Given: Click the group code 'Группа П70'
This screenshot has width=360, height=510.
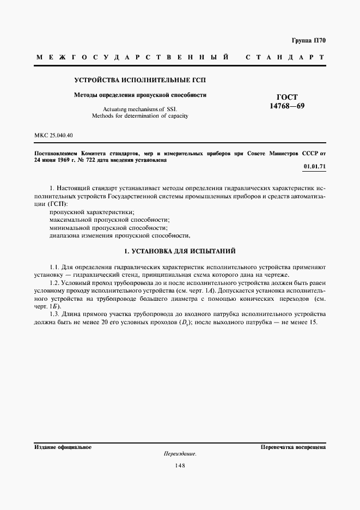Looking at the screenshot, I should click(308, 40).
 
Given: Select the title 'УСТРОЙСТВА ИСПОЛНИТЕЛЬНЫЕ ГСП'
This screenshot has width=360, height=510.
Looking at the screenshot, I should click(140, 81).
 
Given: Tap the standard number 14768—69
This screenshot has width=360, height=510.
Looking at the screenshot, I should click(287, 106).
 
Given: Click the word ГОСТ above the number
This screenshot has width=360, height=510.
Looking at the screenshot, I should click(287, 97).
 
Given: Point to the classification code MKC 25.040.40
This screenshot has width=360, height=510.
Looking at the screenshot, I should click(53, 135).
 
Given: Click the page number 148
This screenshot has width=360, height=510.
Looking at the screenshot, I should click(180, 465).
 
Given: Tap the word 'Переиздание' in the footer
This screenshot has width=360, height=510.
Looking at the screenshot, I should click(180, 454).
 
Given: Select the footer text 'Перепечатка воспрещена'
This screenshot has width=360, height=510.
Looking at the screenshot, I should click(293, 447).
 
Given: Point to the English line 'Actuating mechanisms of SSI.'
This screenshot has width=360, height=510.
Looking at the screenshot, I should click(140, 109).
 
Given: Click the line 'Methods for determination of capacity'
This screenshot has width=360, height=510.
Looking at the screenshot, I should click(140, 116).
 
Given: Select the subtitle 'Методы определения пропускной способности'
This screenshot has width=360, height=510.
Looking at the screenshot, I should click(140, 95).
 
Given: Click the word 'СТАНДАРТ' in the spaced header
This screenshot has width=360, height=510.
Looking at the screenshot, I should click(285, 57).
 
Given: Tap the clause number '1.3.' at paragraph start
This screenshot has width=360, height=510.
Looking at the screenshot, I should click(54, 314).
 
